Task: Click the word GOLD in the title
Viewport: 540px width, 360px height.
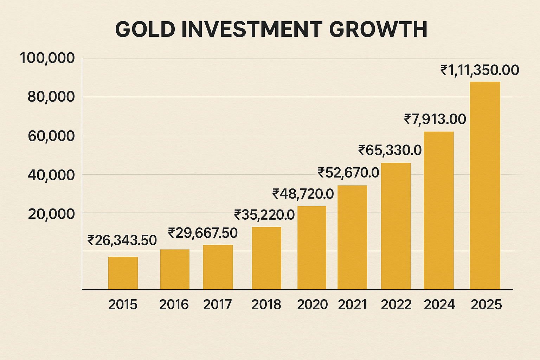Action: (x=145, y=29)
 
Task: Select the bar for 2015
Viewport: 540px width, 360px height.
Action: (x=123, y=273)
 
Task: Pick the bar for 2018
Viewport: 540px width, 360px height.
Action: (x=266, y=258)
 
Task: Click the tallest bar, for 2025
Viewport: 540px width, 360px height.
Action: (x=485, y=186)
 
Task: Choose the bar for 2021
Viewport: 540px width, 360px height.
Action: (x=352, y=238)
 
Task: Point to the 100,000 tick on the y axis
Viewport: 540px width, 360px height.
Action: (x=47, y=58)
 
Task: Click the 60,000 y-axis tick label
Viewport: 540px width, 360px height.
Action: (x=51, y=136)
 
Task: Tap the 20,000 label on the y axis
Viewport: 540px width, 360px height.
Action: (x=51, y=214)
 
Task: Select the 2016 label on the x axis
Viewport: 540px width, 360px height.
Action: (x=174, y=304)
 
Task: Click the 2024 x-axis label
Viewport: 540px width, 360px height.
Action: (x=439, y=304)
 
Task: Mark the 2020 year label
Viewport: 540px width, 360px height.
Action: (x=312, y=304)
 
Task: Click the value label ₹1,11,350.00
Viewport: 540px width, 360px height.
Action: (x=480, y=70)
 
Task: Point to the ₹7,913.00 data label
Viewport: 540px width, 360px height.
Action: (x=435, y=119)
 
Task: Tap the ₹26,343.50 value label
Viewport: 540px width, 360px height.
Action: (x=122, y=240)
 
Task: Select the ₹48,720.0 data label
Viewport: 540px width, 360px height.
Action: (x=303, y=193)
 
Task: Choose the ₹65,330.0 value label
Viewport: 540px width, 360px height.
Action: (x=390, y=150)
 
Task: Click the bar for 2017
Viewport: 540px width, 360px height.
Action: (x=218, y=267)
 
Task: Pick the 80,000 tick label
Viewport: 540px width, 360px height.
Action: (x=51, y=97)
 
